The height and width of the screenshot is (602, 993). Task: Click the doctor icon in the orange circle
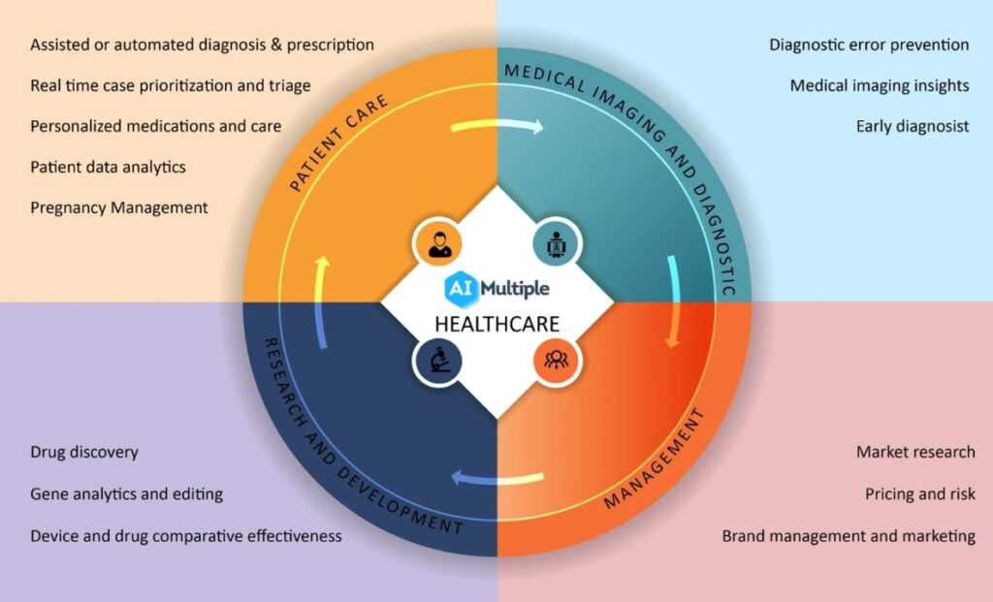pos(436,242)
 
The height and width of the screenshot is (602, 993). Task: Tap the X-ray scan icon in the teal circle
pos(557,242)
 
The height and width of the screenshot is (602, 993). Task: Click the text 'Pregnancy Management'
pos(119,207)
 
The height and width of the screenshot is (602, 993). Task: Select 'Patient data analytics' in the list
pos(108,167)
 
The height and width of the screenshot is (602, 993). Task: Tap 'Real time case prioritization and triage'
pos(171,85)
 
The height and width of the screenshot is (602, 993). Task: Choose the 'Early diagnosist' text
pos(912,126)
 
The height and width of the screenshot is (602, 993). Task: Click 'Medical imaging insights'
pos(879,85)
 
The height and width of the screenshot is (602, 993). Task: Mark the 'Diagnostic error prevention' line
pos(869,45)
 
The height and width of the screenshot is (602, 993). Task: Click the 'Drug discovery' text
pos(84,452)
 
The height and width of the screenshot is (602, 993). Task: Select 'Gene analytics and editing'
pos(126,493)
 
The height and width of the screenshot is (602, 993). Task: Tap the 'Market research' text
pos(915,452)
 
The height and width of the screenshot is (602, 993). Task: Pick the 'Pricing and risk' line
pos(919,493)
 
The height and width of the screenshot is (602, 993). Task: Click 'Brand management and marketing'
pos(849,535)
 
